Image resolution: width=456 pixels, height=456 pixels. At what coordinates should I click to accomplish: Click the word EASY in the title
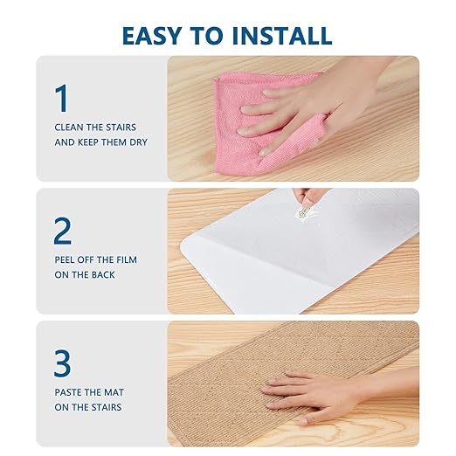[152, 36]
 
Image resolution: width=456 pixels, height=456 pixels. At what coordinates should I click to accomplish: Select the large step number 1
[62, 98]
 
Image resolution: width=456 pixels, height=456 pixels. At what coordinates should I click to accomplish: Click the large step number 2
[63, 231]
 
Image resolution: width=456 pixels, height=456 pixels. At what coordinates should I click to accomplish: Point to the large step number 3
[62, 363]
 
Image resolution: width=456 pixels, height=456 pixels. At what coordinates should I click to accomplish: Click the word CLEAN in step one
[69, 128]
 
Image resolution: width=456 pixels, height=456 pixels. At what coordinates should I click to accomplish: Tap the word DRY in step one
[139, 142]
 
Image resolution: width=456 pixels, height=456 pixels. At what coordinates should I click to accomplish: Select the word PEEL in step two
[65, 259]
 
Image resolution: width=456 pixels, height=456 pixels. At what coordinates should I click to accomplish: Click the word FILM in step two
[127, 259]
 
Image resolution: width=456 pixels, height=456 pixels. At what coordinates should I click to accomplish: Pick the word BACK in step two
[103, 275]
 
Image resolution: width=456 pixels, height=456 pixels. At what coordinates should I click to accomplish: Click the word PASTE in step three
[67, 392]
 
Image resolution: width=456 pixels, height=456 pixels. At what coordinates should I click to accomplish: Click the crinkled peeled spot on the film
[303, 214]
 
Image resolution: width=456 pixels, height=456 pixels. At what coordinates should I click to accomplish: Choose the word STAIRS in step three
[107, 407]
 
